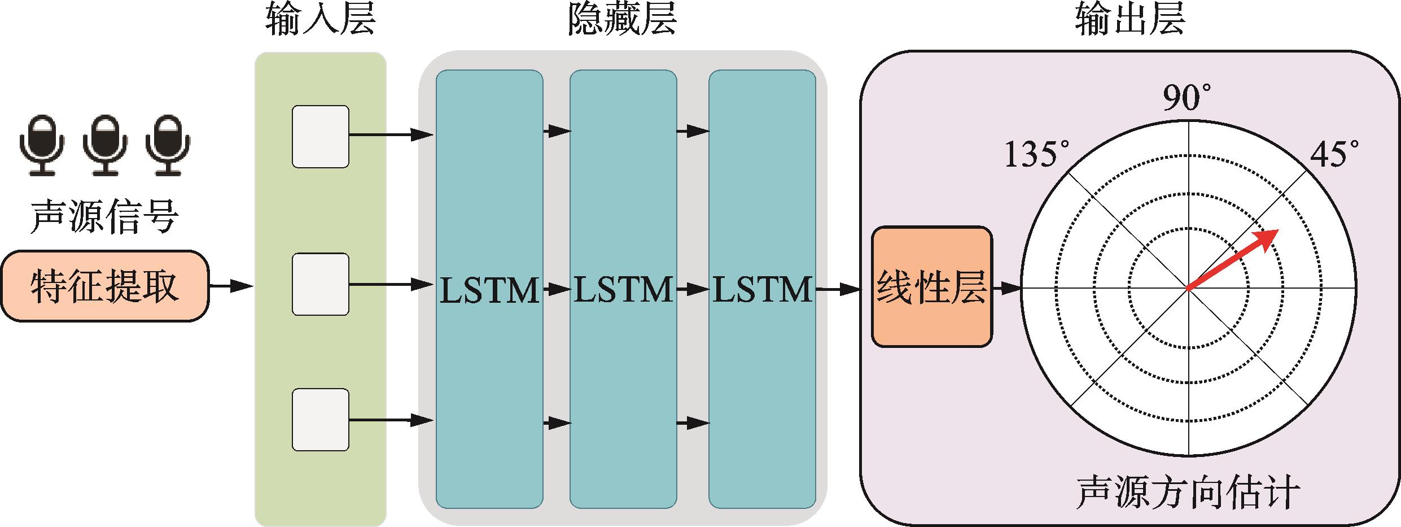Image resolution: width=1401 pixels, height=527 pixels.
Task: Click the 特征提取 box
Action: pos(104,286)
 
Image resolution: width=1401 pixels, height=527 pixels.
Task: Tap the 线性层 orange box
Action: pos(931,286)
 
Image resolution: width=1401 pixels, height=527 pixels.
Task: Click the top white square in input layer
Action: pos(320,136)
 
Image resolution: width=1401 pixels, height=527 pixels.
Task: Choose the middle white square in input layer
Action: pos(320,284)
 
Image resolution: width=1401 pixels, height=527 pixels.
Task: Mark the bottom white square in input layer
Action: pos(320,419)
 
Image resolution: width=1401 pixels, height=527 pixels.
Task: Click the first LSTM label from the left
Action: pos(489,290)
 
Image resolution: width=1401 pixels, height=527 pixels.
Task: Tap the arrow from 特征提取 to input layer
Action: pos(231,286)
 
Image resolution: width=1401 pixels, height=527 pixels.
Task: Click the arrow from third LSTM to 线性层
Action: pos(838,290)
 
